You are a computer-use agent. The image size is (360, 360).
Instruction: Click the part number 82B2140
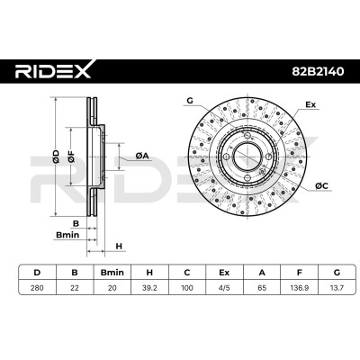point(318,71)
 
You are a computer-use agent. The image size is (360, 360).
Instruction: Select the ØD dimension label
point(56,157)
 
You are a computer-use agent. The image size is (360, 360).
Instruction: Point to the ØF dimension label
point(71,157)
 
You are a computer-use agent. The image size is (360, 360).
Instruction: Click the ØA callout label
point(142,156)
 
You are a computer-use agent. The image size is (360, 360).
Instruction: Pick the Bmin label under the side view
point(67,235)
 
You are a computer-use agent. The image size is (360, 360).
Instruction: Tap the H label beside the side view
point(119,247)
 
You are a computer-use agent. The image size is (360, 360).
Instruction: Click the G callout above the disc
point(190,101)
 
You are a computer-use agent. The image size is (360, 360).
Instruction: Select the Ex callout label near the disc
point(310,104)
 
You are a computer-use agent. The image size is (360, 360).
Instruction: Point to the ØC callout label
point(322,186)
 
